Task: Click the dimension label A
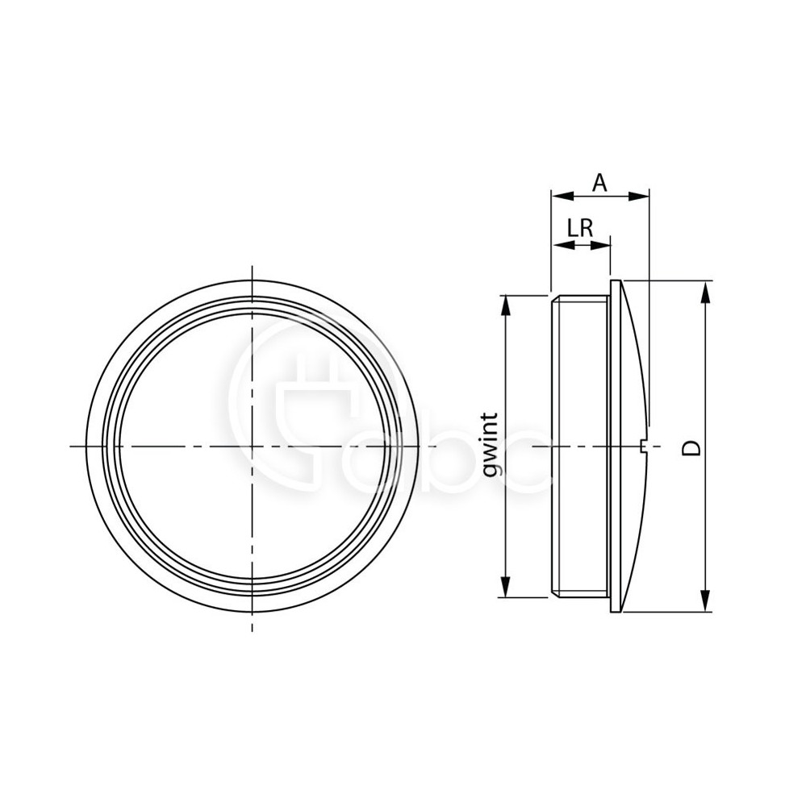click(x=599, y=182)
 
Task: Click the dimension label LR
click(x=580, y=228)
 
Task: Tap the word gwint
click(x=492, y=444)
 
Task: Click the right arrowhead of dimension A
click(x=638, y=195)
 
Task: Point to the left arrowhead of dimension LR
click(x=562, y=245)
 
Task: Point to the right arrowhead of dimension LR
click(x=600, y=245)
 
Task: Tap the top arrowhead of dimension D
click(x=706, y=292)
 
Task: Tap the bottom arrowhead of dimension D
click(x=706, y=601)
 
